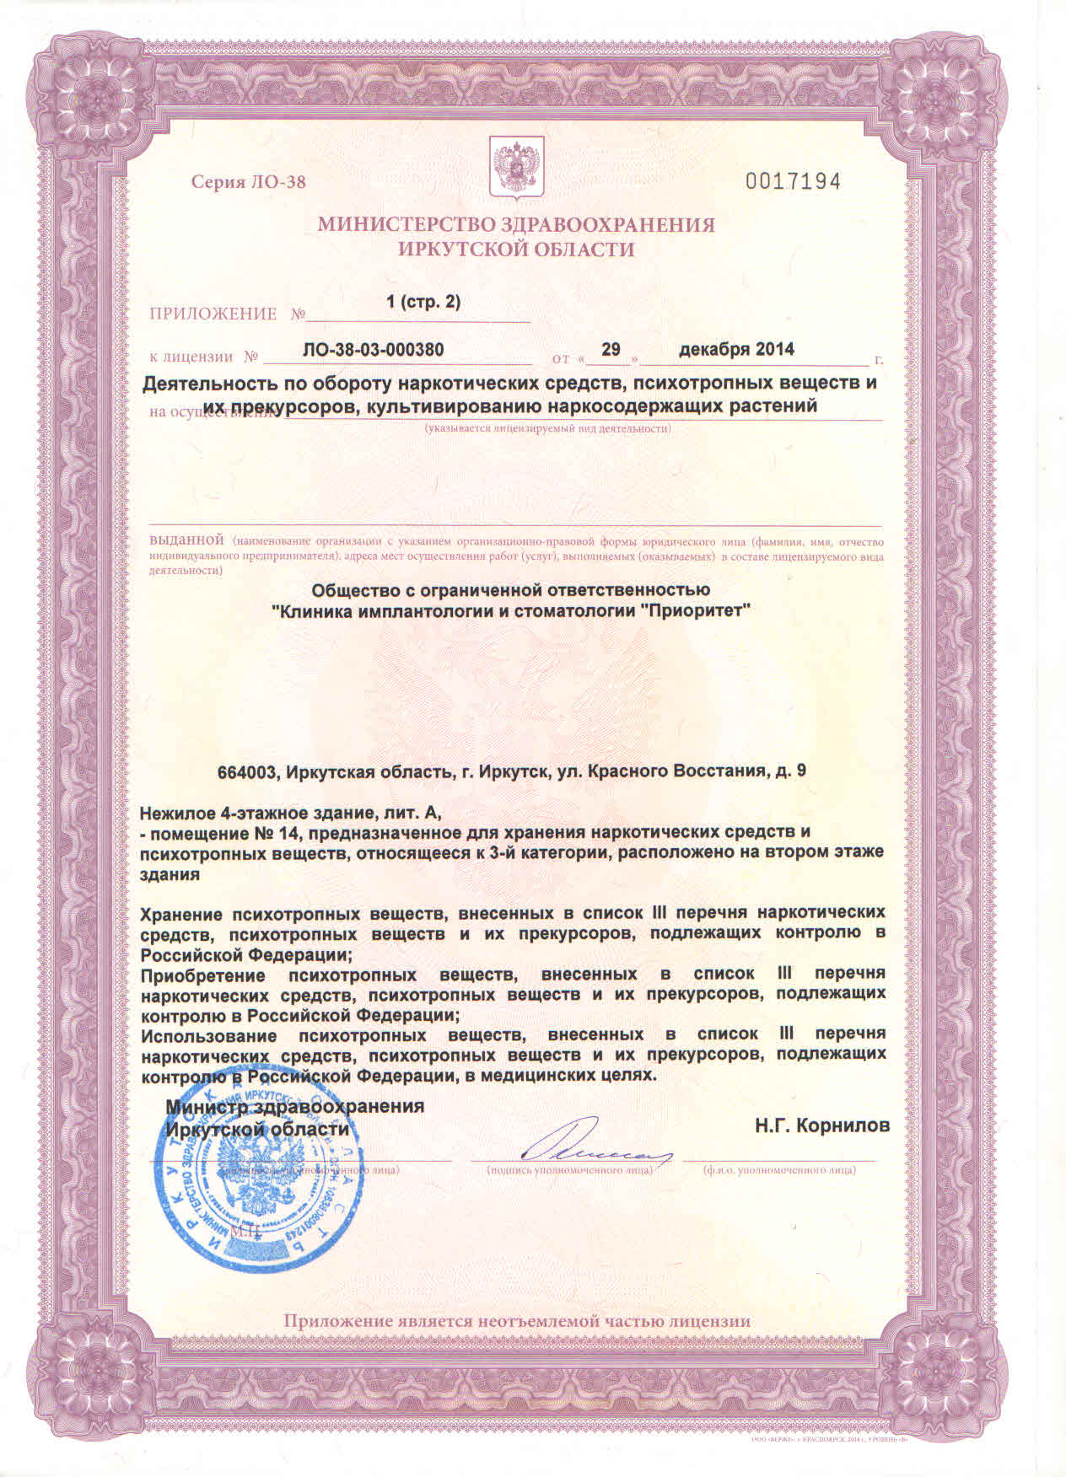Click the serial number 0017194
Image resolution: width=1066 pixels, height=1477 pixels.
[x=793, y=181]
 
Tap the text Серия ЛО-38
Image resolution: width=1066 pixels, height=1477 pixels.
[x=248, y=182]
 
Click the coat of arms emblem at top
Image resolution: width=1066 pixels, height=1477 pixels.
[x=510, y=166]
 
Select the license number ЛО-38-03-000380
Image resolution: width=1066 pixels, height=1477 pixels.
[x=373, y=350]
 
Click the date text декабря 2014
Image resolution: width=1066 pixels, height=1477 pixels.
[x=736, y=349]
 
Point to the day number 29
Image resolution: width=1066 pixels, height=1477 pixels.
[x=611, y=349]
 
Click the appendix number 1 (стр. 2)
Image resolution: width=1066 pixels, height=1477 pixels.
[x=423, y=302]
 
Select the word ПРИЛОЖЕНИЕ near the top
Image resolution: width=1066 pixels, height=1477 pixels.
[x=213, y=314]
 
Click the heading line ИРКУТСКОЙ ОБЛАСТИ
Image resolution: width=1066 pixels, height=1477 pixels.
[x=515, y=250]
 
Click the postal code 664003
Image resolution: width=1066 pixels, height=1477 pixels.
[x=247, y=771]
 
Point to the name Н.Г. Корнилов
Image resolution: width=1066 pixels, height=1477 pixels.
[x=821, y=1125]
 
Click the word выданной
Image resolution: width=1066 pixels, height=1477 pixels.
[x=186, y=539]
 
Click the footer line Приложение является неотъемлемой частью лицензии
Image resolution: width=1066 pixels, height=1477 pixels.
[x=516, y=1321]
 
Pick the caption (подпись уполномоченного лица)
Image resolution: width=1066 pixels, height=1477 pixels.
[x=569, y=1170]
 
